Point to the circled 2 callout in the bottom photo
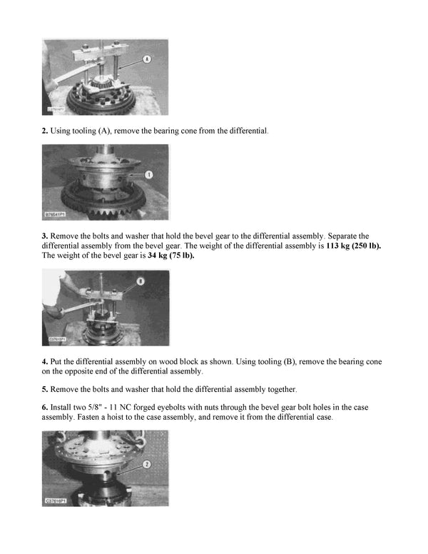pos(145,463)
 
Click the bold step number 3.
pos(45,235)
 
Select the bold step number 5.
pos(45,389)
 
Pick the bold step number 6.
pos(45,407)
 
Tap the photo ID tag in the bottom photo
pos(57,501)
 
